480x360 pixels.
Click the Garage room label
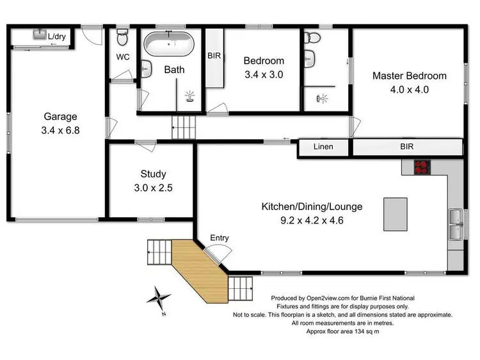click(x=60, y=117)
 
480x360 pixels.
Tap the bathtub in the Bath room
click(x=170, y=45)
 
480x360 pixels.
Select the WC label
click(x=123, y=56)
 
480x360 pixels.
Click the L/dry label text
click(x=58, y=37)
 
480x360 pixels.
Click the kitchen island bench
click(x=394, y=214)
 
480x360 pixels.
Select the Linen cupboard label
click(x=324, y=147)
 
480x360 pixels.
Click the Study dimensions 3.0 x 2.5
click(x=153, y=188)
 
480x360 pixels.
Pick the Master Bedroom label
click(x=410, y=76)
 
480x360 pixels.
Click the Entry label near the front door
click(x=220, y=238)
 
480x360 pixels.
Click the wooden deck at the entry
click(x=198, y=270)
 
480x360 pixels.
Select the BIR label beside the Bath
click(x=214, y=56)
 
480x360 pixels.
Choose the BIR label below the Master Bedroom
click(x=407, y=147)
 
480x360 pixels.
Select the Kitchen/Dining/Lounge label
click(x=312, y=207)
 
